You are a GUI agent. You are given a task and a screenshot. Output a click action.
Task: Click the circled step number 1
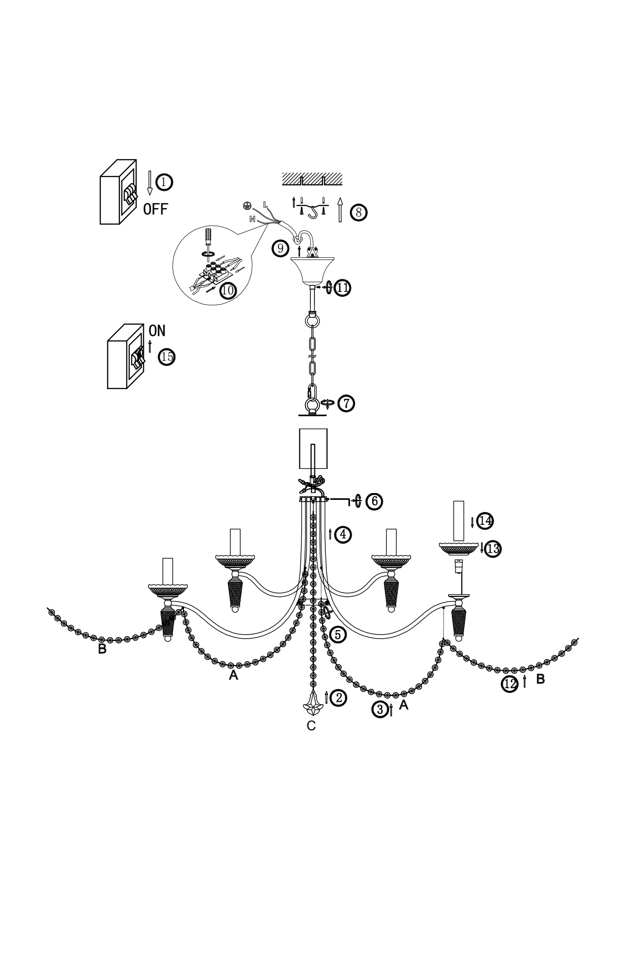164,182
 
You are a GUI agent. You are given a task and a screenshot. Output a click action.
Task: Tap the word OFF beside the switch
156,209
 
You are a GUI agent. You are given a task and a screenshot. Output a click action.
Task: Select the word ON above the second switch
157,331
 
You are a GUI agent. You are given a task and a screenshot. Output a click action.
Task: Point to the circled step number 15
167,357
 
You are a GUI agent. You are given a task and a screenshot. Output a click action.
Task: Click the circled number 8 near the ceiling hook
359,213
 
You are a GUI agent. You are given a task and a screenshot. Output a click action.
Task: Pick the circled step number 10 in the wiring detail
228,290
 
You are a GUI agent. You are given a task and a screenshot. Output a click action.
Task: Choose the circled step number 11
343,288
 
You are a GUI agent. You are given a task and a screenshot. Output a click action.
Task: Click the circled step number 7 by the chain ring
346,403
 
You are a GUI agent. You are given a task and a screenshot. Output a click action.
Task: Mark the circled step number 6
374,501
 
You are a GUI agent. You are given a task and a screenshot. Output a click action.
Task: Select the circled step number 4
343,534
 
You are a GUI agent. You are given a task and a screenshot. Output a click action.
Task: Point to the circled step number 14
485,521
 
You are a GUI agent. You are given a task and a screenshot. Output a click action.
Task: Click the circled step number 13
493,549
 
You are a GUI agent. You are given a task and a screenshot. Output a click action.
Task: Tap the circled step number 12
510,684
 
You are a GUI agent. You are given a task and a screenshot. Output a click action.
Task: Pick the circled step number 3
380,709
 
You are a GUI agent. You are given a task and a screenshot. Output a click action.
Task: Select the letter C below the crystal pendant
311,726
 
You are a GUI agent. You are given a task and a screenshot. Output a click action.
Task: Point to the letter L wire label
265,205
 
